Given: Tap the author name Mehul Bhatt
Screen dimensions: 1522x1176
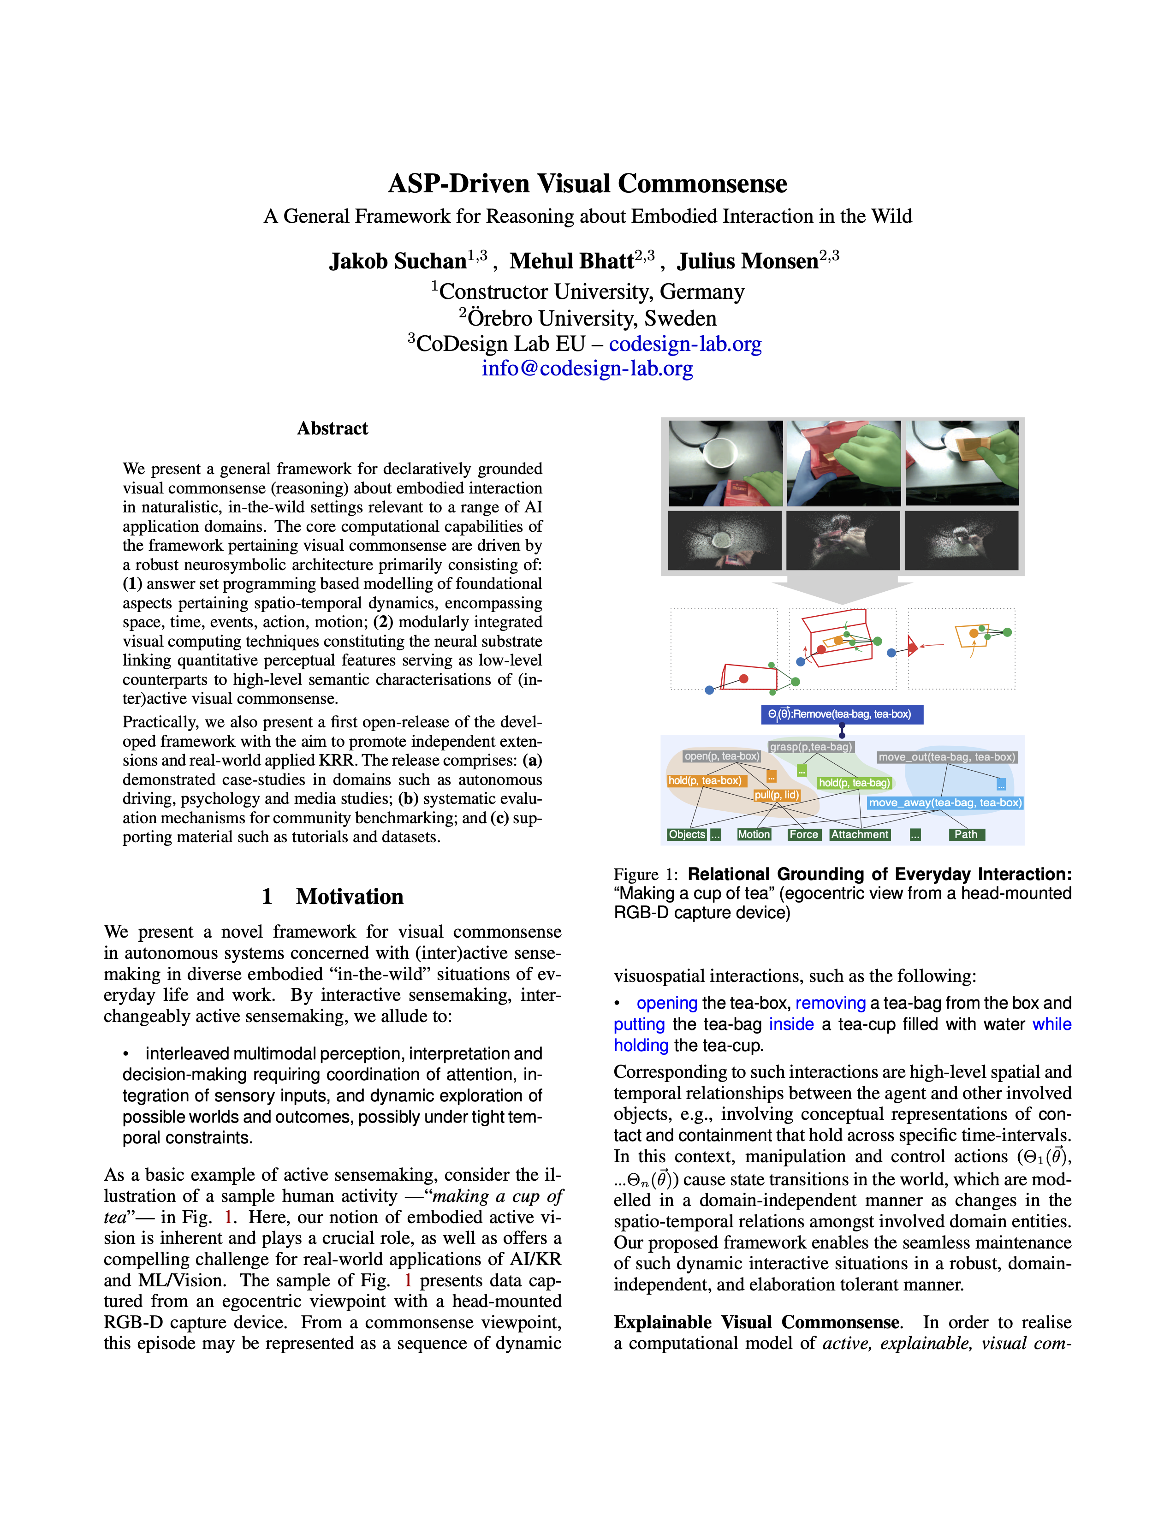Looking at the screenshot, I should pyautogui.click(x=571, y=262).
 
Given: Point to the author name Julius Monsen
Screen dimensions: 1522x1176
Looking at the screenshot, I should pyautogui.click(x=748, y=262).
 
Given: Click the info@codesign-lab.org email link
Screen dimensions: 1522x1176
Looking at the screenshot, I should pyautogui.click(x=587, y=368).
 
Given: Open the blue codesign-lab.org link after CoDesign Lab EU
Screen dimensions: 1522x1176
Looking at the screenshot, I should pyautogui.click(x=685, y=344).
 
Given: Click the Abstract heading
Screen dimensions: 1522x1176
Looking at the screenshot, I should pyautogui.click(x=333, y=428).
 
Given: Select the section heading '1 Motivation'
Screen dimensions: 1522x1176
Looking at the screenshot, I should pyautogui.click(x=333, y=896).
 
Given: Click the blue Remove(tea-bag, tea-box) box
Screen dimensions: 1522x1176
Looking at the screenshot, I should pyautogui.click(x=842, y=714).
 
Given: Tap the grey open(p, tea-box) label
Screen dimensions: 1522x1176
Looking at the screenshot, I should pyautogui.click(x=721, y=756).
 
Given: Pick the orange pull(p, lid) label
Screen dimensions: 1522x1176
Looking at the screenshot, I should pyautogui.click(x=777, y=795).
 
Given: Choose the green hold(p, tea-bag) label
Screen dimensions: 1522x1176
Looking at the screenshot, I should pyautogui.click(x=854, y=783).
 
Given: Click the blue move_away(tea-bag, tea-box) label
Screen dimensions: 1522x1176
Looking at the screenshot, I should pyautogui.click(x=944, y=803).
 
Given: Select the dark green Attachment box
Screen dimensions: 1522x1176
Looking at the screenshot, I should pyautogui.click(x=860, y=835).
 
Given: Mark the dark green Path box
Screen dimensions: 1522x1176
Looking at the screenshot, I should pyautogui.click(x=966, y=835).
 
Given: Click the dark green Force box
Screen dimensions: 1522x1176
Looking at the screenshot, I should pyautogui.click(x=803, y=835).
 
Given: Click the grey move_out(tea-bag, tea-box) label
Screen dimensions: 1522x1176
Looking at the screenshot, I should pyautogui.click(x=947, y=757).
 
